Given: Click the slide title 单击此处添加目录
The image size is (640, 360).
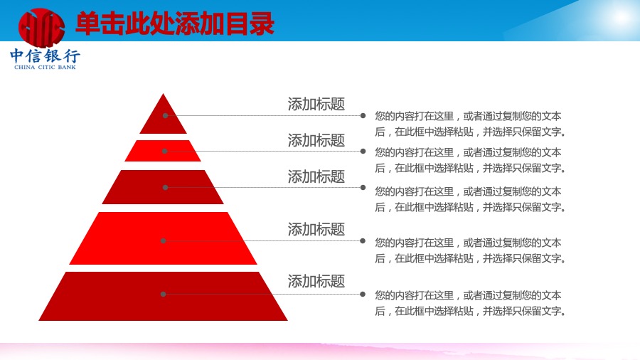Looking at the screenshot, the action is pos(175,23).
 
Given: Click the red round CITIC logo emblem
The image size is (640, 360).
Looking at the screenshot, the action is pos(41,27).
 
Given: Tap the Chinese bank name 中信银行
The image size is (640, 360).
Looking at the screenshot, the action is pos(45,55).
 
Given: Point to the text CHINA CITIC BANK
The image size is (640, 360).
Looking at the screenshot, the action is pos(45,67).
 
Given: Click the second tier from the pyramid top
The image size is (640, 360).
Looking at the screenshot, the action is pos(163,151).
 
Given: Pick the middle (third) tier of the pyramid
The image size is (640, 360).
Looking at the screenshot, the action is pos(163,187).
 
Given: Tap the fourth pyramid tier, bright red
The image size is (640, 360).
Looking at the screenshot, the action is pos(163,238).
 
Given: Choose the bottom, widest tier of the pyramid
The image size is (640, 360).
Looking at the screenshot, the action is pos(163,296).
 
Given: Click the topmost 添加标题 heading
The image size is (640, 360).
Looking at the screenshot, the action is pos(316,104).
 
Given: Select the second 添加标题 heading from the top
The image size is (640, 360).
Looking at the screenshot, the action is pos(316,140).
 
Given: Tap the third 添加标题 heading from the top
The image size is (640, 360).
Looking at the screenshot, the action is pos(316,176).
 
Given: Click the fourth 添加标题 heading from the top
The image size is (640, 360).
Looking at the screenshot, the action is pos(316,229).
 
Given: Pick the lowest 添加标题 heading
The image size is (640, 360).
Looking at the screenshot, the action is pos(316,281).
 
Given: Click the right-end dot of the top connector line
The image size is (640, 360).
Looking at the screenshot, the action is pos(363,115).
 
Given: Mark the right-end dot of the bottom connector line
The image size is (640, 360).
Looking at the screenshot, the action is pos(363,294).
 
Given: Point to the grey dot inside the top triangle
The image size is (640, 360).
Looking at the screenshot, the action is pos(165,115).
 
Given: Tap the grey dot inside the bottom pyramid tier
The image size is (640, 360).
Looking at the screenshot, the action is pos(164,294).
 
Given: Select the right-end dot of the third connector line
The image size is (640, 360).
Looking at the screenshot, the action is pos(363,187).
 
